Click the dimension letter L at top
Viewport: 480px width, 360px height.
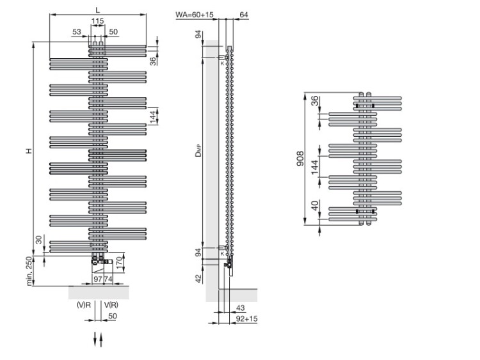coord(97,9)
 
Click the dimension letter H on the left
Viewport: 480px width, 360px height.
coord(28,151)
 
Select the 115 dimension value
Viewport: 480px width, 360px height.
coord(97,22)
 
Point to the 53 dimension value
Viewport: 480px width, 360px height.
coord(77,31)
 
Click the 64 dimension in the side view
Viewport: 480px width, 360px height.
coord(243,15)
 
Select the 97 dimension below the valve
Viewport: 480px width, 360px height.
coord(98,279)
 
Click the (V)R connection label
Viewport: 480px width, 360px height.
coord(83,305)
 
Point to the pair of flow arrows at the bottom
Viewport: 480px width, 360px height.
coord(98,339)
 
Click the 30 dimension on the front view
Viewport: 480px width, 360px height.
coord(39,239)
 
